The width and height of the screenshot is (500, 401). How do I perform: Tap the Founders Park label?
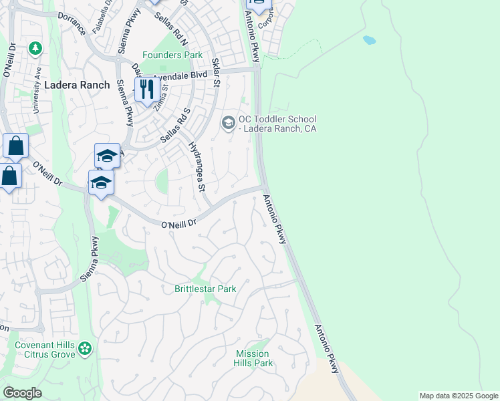click(x=172, y=55)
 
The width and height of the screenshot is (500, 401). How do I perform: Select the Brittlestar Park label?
click(x=205, y=289)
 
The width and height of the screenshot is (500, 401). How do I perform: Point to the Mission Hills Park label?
click(x=253, y=358)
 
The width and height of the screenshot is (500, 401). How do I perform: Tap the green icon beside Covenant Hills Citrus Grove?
click(x=85, y=348)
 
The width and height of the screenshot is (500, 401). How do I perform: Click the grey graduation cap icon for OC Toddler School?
click(x=228, y=123)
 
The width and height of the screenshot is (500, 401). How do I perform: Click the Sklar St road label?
click(x=216, y=73)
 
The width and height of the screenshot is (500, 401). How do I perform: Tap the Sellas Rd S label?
click(x=176, y=126)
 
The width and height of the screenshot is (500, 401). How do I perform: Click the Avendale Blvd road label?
click(x=180, y=76)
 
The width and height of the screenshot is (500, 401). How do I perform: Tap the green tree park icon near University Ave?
click(x=35, y=48)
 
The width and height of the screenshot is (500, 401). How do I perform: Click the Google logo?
click(x=22, y=393)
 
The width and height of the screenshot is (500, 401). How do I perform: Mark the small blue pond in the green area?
click(x=369, y=40)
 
